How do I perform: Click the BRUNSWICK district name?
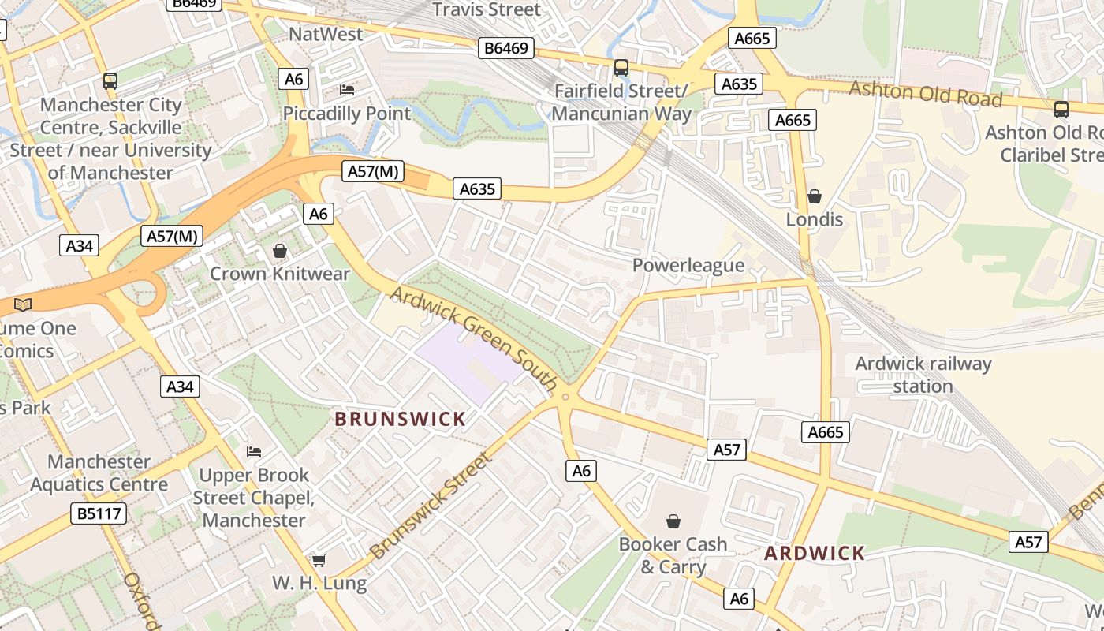click(x=400, y=419)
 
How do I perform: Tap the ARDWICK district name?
click(x=815, y=553)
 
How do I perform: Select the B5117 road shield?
click(x=99, y=514)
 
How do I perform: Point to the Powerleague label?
click(x=688, y=265)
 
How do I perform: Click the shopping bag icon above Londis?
click(x=815, y=196)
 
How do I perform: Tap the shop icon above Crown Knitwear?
click(x=279, y=251)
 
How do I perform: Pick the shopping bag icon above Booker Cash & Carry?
click(x=673, y=521)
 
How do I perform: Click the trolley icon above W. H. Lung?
click(x=319, y=560)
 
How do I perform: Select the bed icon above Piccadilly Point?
click(x=347, y=90)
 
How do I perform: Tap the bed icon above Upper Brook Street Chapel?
click(x=254, y=452)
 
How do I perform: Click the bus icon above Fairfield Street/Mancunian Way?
click(x=621, y=68)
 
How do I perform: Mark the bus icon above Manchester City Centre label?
click(x=110, y=80)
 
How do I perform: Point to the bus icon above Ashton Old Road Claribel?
click(x=1061, y=110)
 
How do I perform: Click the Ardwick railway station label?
click(x=923, y=375)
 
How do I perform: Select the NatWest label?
click(x=326, y=34)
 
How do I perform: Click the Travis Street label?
click(x=487, y=9)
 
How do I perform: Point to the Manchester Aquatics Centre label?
click(x=99, y=472)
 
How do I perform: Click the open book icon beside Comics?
click(x=24, y=304)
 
